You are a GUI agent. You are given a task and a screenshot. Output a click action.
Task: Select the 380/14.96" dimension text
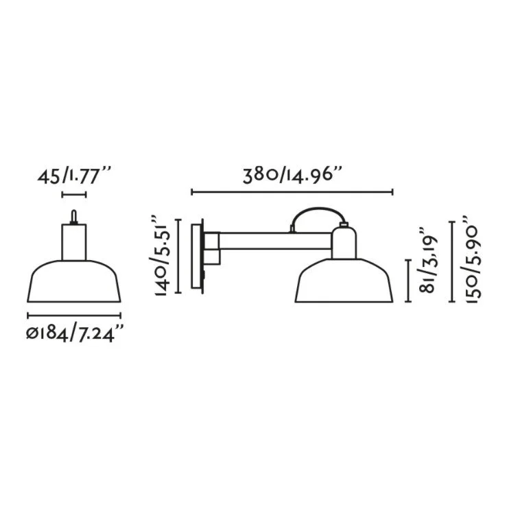(x=292, y=176)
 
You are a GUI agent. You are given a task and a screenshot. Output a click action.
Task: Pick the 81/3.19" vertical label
(x=429, y=259)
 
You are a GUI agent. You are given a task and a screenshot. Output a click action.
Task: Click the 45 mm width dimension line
(x=74, y=195)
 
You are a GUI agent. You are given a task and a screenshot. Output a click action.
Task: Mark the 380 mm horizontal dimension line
(x=292, y=192)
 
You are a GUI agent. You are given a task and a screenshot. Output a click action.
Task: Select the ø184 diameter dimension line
(x=74, y=315)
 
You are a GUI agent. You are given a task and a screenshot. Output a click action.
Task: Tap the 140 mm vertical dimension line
(x=178, y=257)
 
